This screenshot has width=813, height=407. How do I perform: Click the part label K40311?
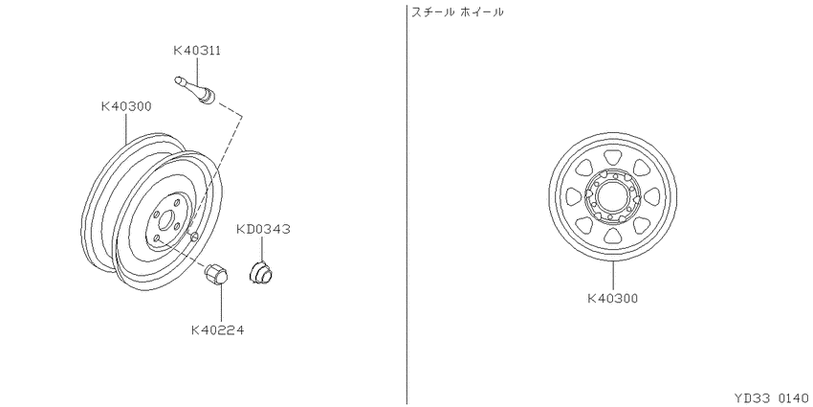[197, 51]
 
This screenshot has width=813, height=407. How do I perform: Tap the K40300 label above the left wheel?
[126, 106]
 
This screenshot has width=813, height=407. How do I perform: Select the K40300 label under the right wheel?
[612, 299]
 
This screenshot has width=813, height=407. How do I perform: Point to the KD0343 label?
[263, 229]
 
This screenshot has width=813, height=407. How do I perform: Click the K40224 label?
[218, 330]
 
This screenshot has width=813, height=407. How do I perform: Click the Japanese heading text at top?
[457, 11]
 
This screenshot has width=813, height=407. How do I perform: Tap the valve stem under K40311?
[195, 89]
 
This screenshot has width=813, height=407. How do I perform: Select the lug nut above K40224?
[217, 275]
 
